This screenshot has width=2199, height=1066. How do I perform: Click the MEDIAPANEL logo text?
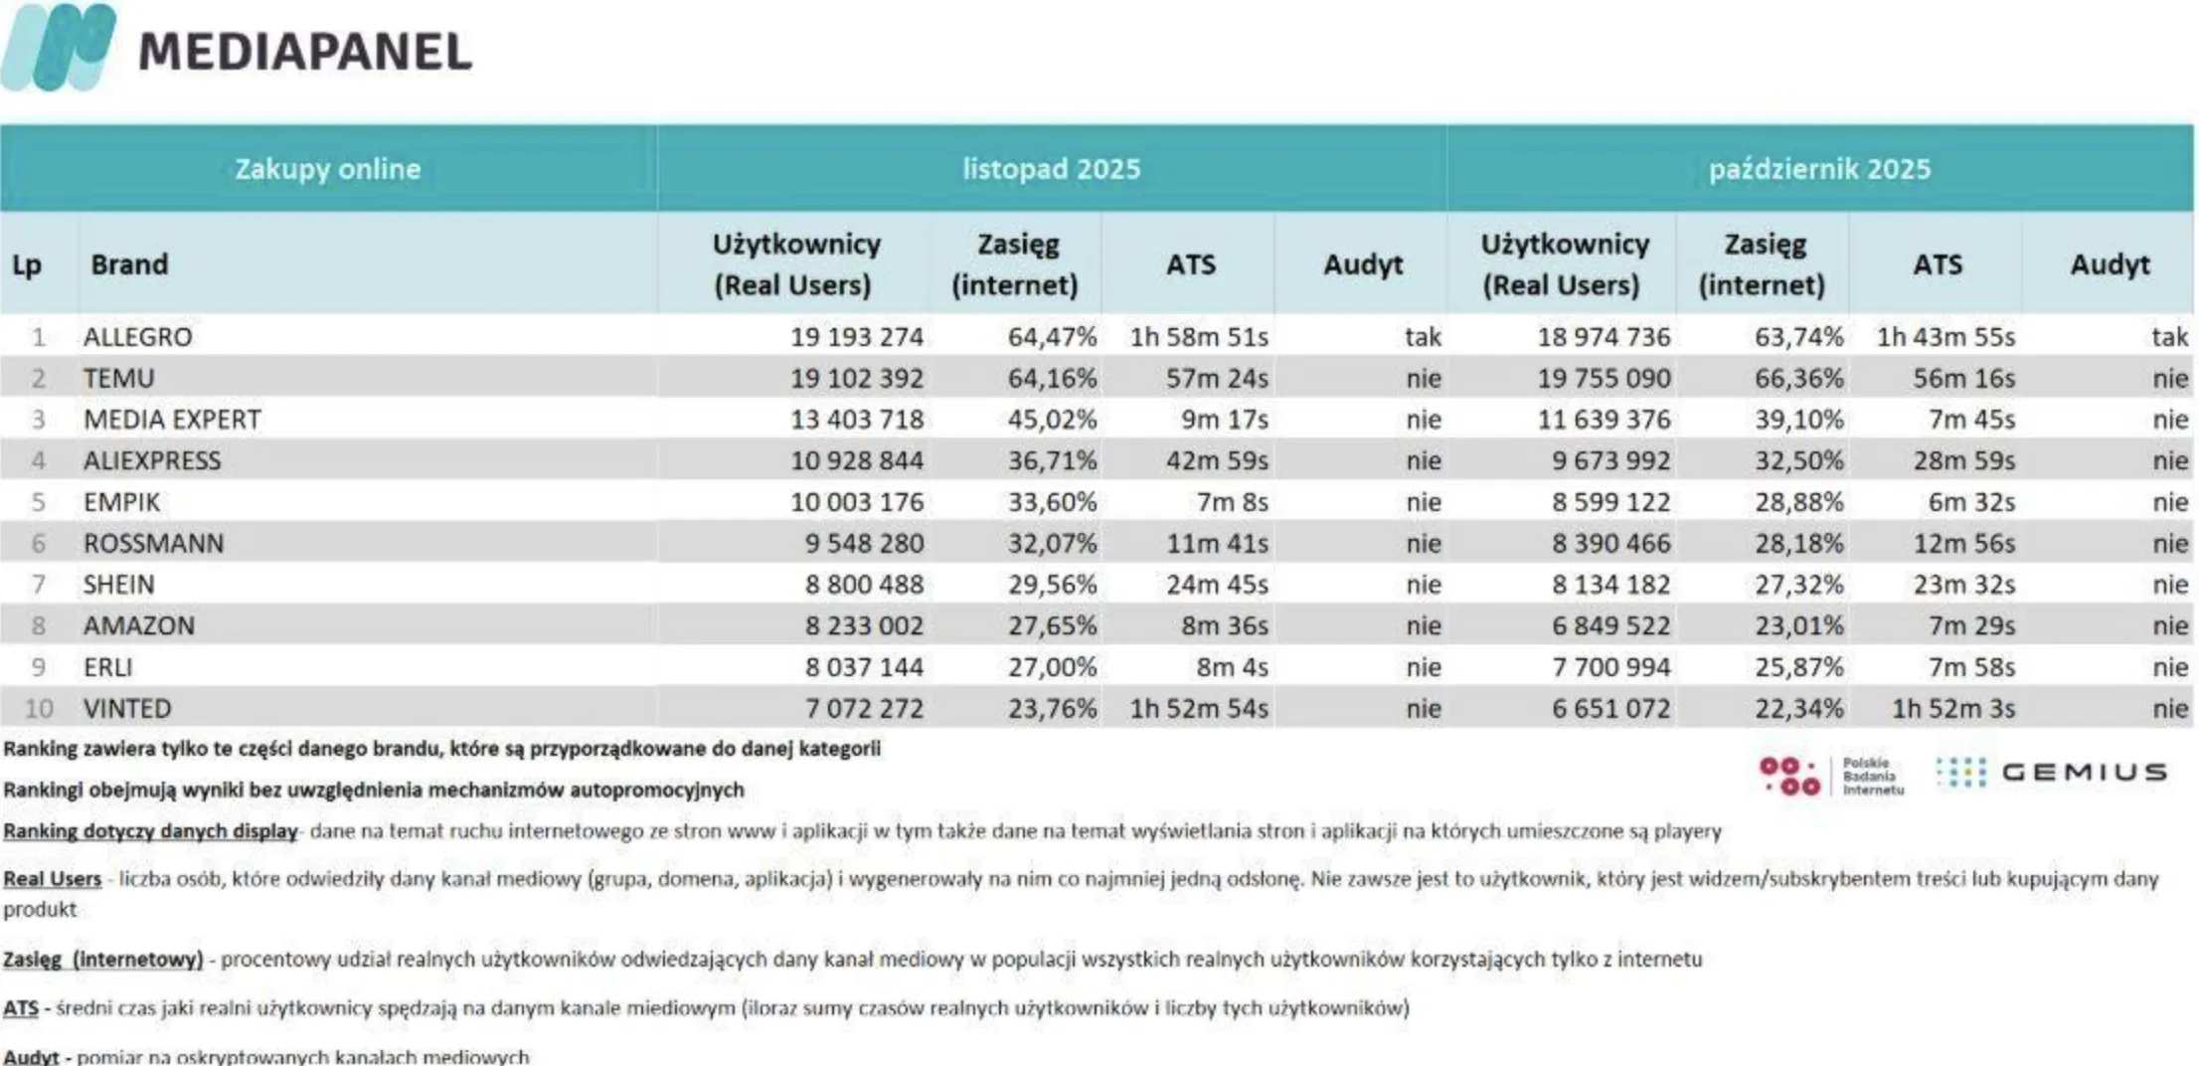point(304,52)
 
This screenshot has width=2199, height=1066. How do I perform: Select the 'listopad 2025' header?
point(1051,169)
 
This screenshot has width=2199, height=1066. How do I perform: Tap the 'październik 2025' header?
point(1819,169)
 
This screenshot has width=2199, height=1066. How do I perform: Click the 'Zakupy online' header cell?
point(327,169)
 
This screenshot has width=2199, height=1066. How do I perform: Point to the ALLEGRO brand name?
point(138,337)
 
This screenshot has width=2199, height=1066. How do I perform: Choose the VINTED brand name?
point(127,709)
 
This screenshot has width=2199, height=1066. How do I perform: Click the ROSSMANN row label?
point(154,544)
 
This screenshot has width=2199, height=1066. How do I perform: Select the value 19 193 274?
point(857,337)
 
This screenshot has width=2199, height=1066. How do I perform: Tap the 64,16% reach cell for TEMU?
point(1052,379)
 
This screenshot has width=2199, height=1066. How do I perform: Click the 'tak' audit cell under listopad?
point(1423,337)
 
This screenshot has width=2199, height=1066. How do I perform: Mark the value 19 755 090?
point(1604,379)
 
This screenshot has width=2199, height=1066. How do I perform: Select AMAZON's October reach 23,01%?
point(1798,626)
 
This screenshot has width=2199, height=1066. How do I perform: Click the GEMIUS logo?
point(2053,773)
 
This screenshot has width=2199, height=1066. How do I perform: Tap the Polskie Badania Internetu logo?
point(1830,776)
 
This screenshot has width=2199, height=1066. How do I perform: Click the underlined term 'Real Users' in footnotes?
point(53,879)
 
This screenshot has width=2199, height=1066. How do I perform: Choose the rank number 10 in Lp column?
point(39,709)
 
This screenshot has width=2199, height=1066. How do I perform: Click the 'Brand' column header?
point(129,265)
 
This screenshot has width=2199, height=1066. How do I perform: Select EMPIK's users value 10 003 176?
point(857,502)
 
